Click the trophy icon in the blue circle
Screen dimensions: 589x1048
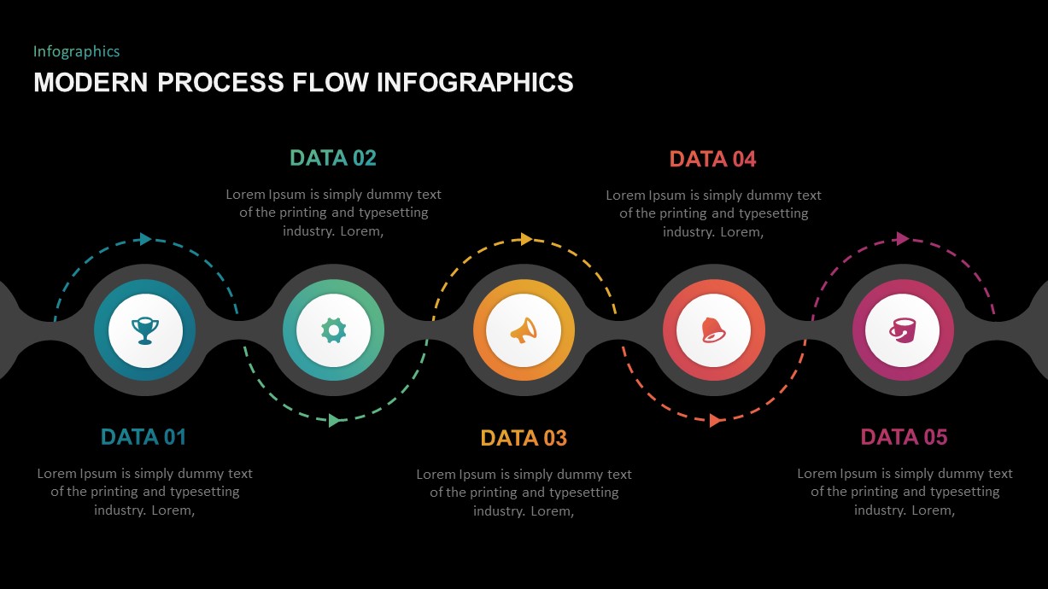pos(144,329)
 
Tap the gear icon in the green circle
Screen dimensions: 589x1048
pos(334,329)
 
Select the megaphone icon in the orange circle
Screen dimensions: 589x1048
pos(524,329)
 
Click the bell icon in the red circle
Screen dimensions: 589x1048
pos(713,329)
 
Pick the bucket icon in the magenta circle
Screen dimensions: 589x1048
pos(903,329)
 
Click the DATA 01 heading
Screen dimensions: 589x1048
pos(143,437)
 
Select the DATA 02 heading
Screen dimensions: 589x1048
pos(333,158)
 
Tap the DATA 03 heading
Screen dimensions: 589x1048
pos(524,438)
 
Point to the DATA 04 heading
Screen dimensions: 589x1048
pos(713,159)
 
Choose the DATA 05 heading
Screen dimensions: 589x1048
pos(904,437)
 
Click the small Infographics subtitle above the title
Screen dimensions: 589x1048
pos(76,51)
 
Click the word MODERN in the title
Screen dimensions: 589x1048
pos(91,82)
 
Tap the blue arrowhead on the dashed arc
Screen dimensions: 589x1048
pos(146,239)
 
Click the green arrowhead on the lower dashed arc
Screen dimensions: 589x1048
pos(335,420)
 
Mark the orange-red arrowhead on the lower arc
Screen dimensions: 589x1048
pos(716,420)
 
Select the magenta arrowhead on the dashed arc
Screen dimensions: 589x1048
pos(903,239)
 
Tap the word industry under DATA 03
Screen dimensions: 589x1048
pos(499,510)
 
